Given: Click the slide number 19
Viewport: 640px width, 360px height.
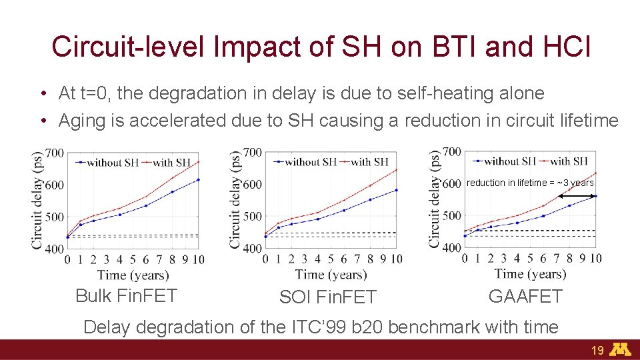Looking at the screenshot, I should pos(597,351).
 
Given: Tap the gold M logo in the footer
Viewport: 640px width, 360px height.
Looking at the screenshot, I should pos(621,350).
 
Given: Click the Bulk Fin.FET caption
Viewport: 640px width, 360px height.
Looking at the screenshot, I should pos(126,295).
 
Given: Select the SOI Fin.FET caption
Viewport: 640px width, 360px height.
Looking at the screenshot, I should pos(327,297).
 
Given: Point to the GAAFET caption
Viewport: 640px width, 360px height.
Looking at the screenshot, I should pos(525,296).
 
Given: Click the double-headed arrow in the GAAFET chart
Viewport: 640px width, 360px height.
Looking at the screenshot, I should pos(577,196).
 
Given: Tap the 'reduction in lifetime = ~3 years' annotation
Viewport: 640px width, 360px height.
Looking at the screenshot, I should pos(530,183).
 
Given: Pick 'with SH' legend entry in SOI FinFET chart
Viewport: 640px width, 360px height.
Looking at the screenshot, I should pos(369,162).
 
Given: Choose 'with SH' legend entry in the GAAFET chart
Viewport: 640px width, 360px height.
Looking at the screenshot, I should pos(568,161).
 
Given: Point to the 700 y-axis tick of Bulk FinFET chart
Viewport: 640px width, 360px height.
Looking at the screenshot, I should pos(55,153).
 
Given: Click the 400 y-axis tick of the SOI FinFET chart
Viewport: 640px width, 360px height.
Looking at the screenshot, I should pos(253,248).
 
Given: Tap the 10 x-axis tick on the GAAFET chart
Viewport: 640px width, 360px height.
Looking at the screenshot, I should pos(595,259).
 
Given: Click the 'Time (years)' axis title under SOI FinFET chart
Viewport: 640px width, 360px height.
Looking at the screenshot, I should pos(331,274).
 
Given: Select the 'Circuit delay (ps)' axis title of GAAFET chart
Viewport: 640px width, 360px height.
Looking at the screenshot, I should pos(435,199).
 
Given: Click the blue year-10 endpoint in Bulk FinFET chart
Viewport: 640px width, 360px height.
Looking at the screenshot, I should pos(198,179).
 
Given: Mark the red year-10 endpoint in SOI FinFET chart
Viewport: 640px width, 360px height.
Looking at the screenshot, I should pos(396,169).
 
